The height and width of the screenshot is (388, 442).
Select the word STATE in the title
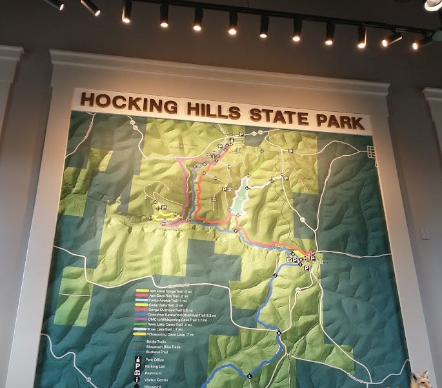click(x=272, y=114)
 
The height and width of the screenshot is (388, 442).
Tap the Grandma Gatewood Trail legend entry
click(x=177, y=315)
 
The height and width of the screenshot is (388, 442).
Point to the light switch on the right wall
click(x=424, y=233)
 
